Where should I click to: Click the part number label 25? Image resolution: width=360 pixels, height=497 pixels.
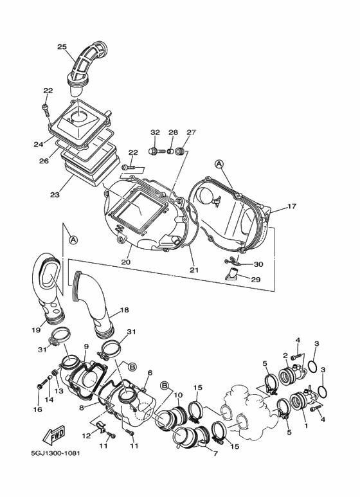pos(62,46)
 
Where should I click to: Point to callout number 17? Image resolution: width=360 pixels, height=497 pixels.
pos(291,207)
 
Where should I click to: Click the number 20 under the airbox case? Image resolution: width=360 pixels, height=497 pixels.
pos(125,262)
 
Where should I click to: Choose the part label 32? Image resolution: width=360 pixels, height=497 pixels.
pos(154,132)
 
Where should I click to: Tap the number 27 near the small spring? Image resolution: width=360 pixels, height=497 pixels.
pos(191,132)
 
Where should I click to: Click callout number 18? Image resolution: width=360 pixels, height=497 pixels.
pos(124,311)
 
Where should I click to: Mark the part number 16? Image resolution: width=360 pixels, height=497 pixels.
pos(37,409)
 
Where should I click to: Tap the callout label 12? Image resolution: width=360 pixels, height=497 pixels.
pos(85,436)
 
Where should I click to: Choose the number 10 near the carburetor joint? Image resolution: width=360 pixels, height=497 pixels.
pos(178,394)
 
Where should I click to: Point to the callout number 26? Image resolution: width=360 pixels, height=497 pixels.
pos(44,161)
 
